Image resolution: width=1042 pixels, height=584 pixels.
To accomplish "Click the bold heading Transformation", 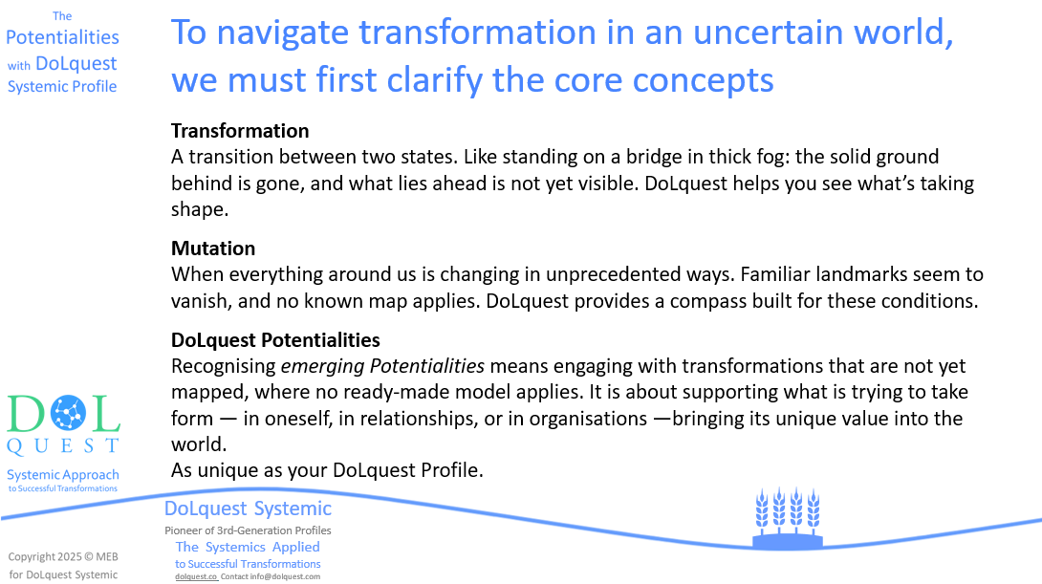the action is point(240,131).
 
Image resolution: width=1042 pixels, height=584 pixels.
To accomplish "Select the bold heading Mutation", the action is point(213,249).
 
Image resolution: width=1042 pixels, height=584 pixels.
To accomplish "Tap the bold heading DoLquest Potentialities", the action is point(275,340).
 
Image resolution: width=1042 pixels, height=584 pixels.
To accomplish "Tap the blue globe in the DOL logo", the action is point(69,413).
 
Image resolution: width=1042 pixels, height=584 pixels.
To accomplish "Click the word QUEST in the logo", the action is point(63,445).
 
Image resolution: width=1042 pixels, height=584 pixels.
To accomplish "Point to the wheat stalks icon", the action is point(788,517).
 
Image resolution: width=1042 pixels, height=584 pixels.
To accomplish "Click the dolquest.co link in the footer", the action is point(196,576).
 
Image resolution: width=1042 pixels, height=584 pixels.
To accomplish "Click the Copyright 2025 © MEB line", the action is point(63,557).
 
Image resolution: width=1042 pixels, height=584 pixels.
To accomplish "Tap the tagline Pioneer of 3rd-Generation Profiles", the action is point(248,530).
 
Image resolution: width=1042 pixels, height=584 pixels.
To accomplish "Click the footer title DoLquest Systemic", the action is point(248,508).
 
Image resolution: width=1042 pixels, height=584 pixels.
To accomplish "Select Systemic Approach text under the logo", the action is point(63,475).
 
